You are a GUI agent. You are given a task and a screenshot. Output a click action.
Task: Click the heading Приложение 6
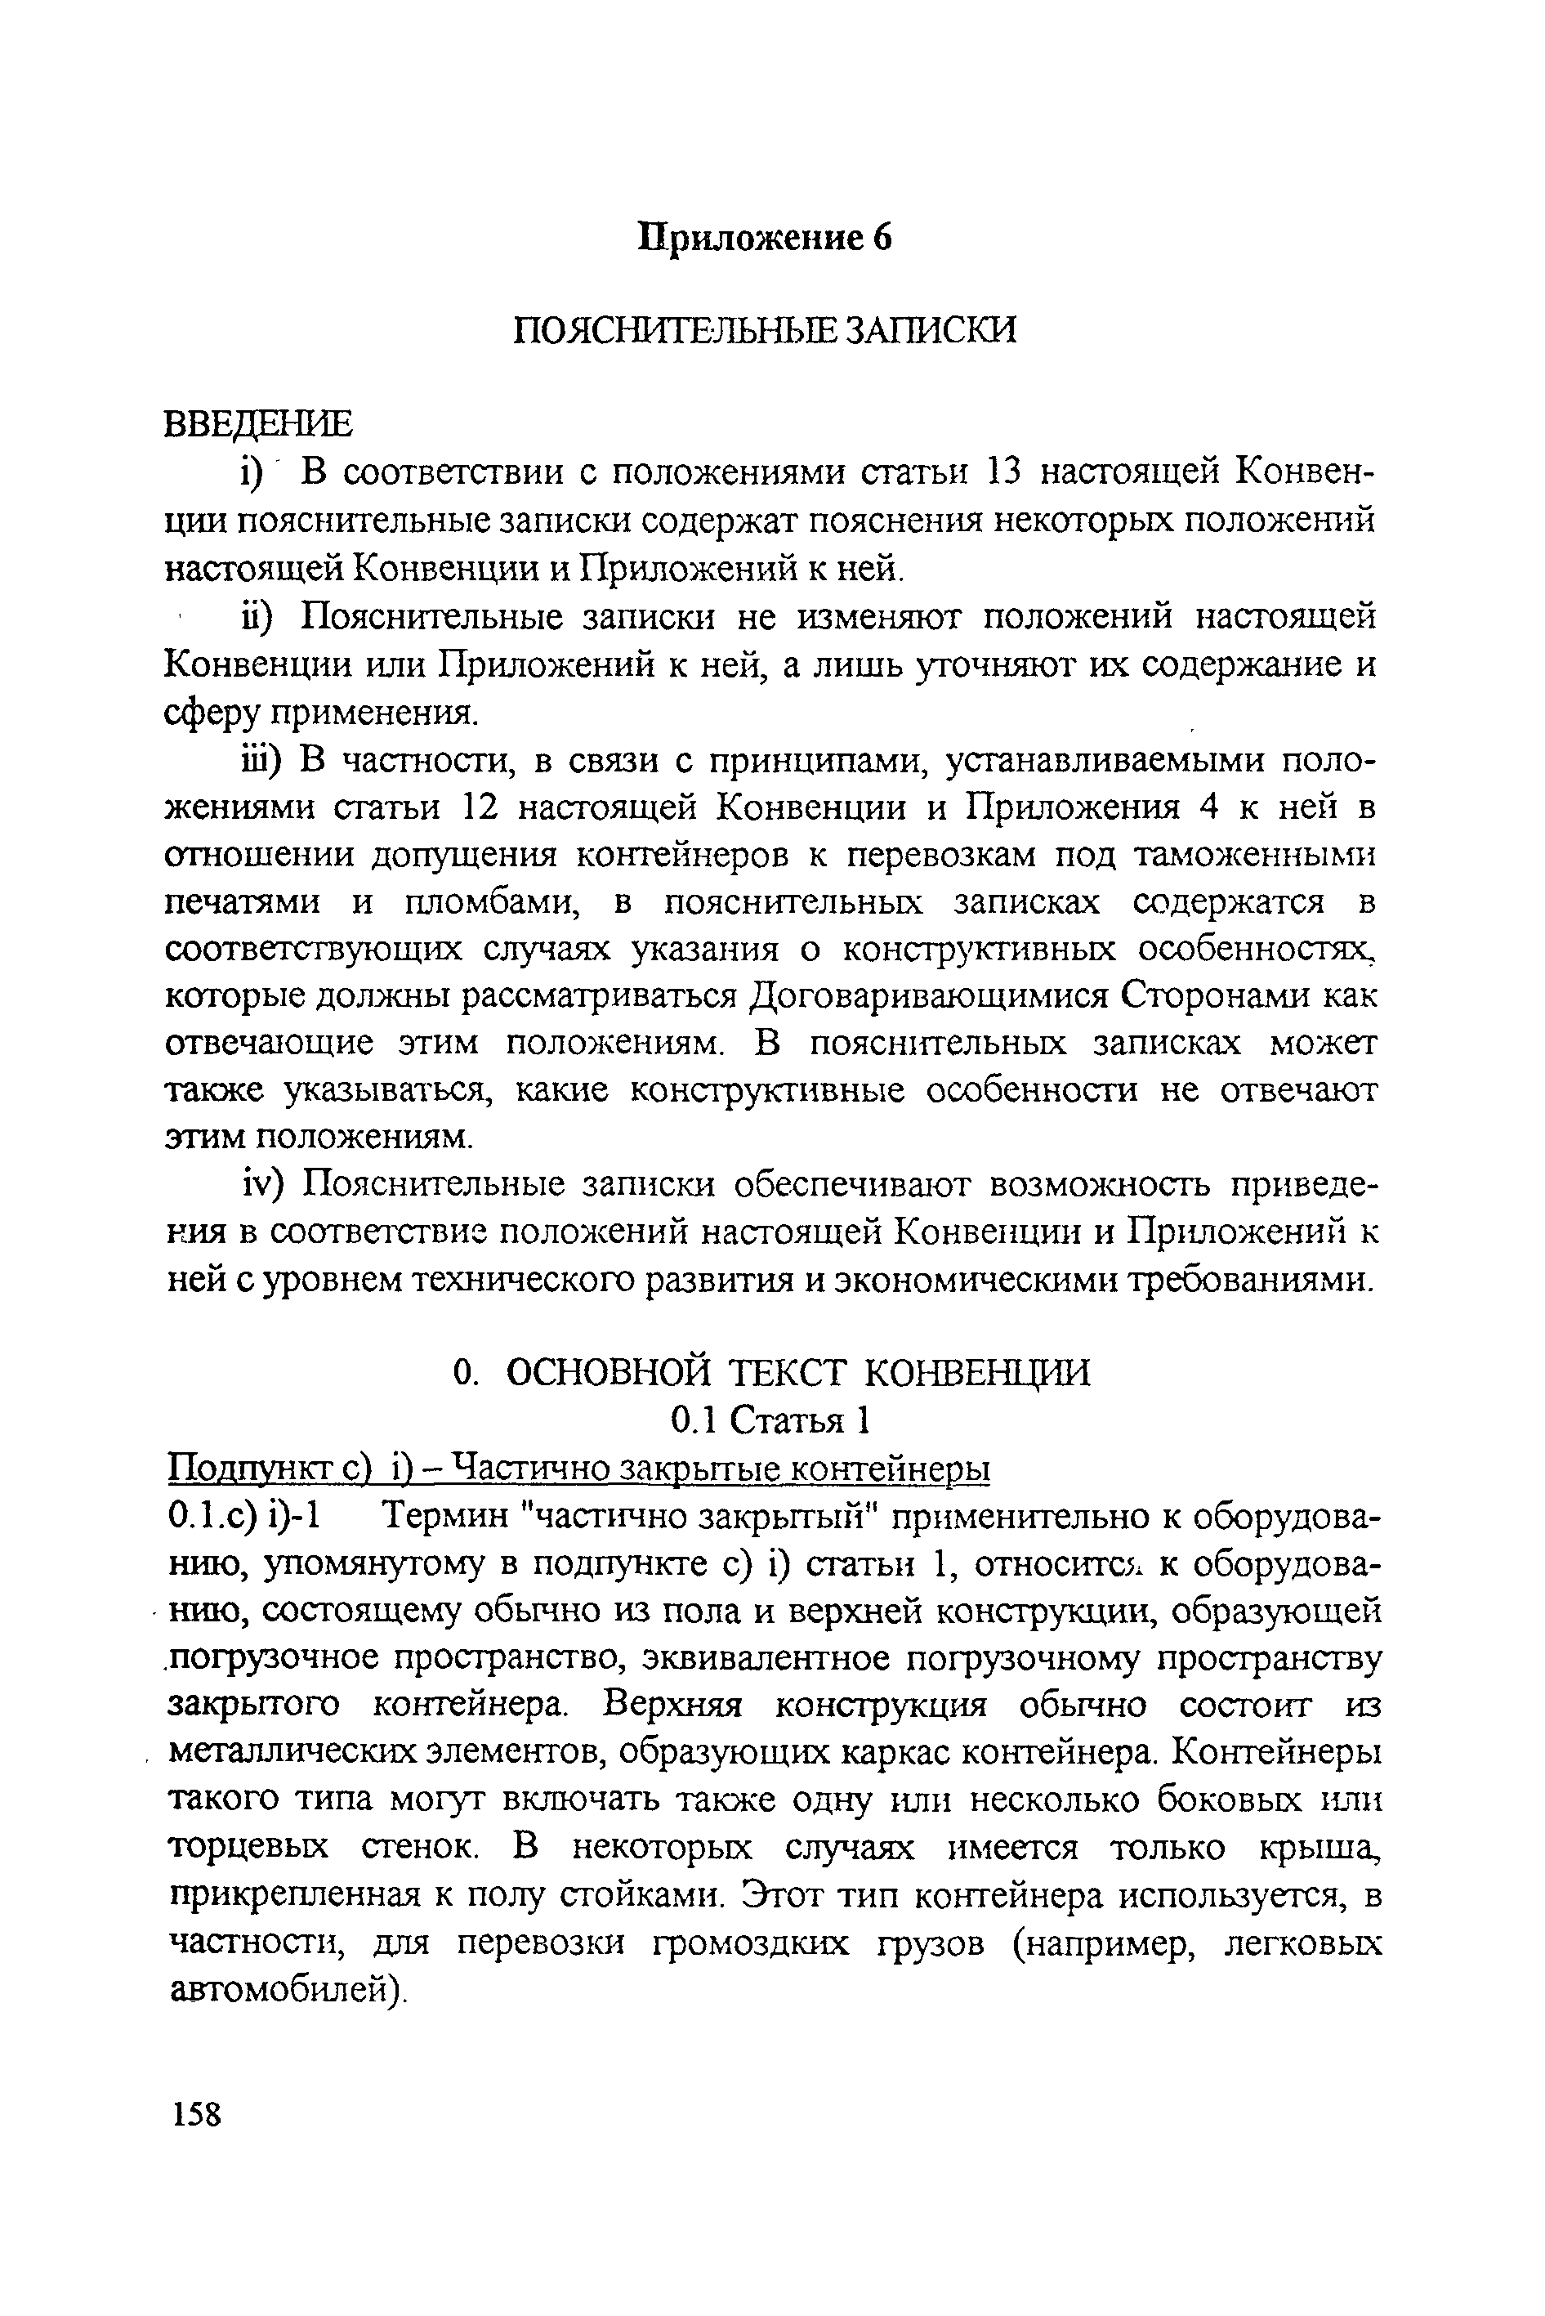pos(766,239)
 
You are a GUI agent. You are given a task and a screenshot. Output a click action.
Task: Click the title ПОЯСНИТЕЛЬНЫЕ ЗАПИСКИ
pos(765,329)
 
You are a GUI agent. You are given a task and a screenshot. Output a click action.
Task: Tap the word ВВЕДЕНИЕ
pos(257,424)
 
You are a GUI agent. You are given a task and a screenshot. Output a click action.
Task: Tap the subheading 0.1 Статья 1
pos(770,1420)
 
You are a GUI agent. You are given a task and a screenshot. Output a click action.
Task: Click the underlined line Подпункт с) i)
pos(579,1469)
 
